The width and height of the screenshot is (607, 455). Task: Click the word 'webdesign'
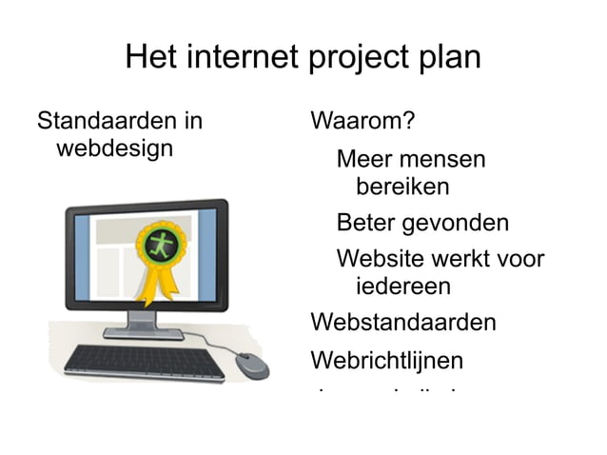(114, 149)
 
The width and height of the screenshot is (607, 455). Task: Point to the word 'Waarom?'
(362, 122)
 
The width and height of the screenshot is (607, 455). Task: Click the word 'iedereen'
(402, 287)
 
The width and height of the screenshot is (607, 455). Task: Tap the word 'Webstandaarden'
(403, 322)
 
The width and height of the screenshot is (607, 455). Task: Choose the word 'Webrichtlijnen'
(387, 361)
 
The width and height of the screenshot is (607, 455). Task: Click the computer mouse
(251, 366)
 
